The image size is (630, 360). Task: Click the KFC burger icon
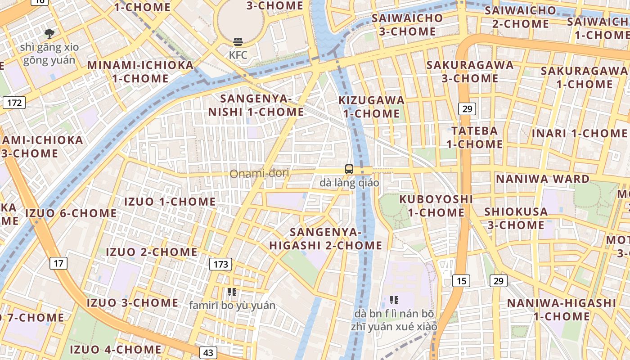click(238, 42)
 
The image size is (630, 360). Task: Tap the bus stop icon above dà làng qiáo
click(349, 170)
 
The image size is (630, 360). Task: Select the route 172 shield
click(14, 103)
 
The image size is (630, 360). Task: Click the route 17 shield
click(58, 263)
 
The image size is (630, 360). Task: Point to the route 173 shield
click(220, 264)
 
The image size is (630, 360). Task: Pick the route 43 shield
click(207, 352)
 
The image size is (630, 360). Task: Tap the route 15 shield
click(461, 281)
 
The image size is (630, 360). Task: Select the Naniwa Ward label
click(542, 179)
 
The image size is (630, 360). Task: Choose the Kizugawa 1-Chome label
click(371, 107)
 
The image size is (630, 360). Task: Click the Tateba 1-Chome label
click(474, 138)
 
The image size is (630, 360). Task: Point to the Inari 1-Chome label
click(579, 134)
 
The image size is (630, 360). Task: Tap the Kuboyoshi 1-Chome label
click(436, 206)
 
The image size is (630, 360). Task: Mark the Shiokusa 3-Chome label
click(516, 218)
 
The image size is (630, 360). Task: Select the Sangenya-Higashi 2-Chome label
click(326, 239)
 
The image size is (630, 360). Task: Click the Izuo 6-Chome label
click(71, 213)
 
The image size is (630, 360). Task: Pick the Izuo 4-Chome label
click(116, 349)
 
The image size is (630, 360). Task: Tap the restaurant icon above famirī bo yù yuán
click(232, 292)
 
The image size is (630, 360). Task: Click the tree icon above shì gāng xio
click(49, 33)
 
